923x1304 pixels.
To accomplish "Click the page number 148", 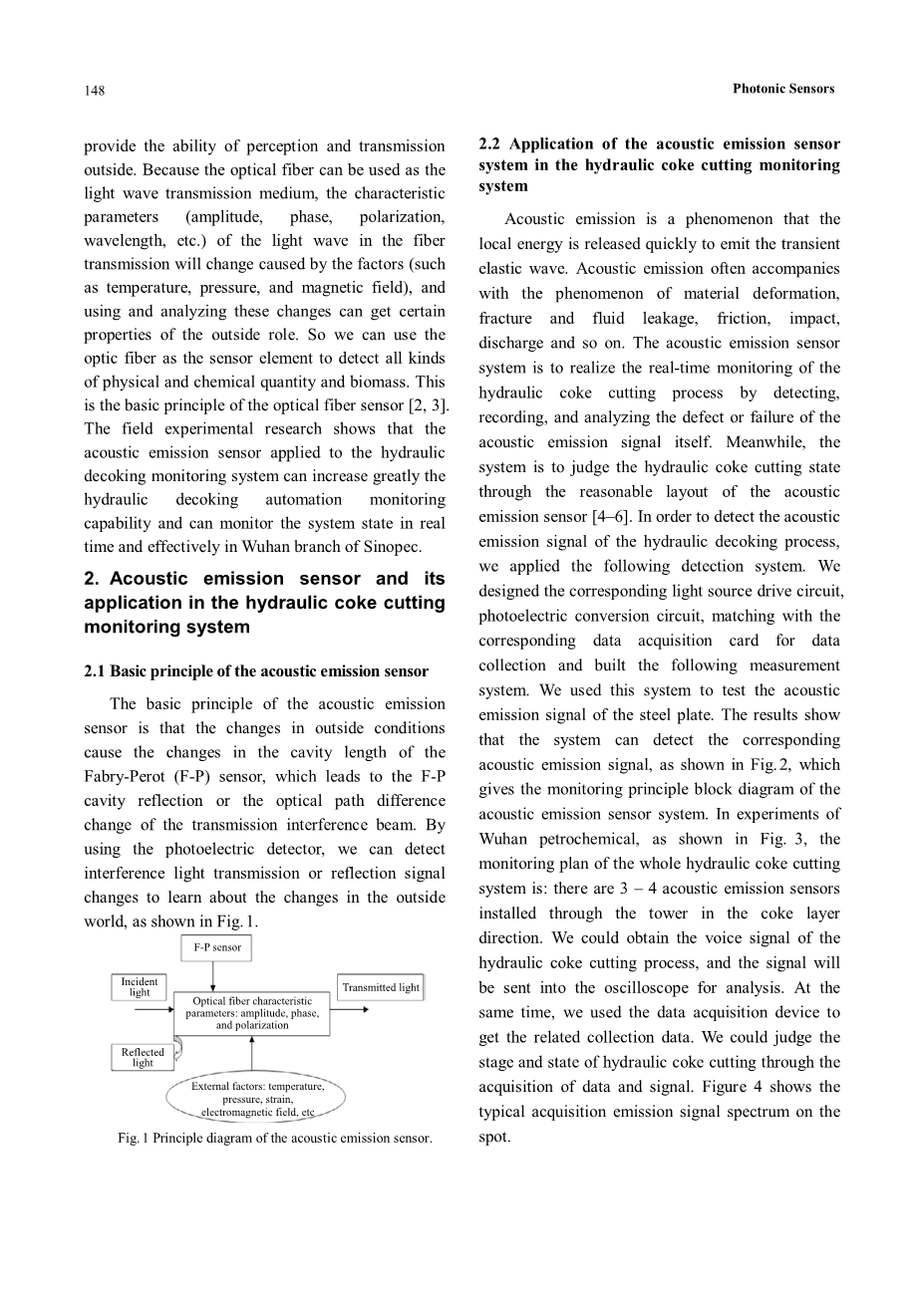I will [x=94, y=91].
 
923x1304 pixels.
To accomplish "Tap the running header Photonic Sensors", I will [x=782, y=89].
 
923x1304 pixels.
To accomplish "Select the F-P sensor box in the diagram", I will [x=216, y=947].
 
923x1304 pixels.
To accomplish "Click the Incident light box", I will [x=140, y=987].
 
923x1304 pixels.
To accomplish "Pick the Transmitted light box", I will [x=381, y=987].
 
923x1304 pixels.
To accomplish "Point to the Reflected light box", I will [x=143, y=1057].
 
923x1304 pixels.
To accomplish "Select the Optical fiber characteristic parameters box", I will [x=252, y=1013].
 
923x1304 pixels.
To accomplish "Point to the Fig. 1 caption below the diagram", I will [x=274, y=1138].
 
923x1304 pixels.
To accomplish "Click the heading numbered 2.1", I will [x=256, y=671].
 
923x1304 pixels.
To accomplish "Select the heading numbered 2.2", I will [x=659, y=164].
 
